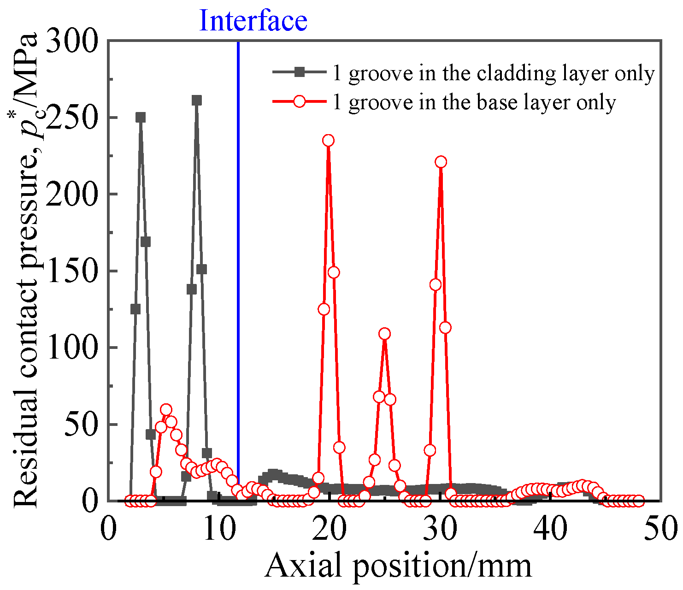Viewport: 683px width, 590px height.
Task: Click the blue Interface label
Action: point(253,21)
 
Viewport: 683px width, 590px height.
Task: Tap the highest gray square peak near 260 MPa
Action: point(197,100)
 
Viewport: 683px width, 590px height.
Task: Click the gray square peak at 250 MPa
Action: point(141,117)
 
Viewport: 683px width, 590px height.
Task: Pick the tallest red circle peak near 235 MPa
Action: point(328,141)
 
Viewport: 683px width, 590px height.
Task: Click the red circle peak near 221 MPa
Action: point(441,162)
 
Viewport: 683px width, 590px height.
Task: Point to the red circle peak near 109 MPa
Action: point(384,334)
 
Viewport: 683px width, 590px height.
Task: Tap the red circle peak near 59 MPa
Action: point(166,410)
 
